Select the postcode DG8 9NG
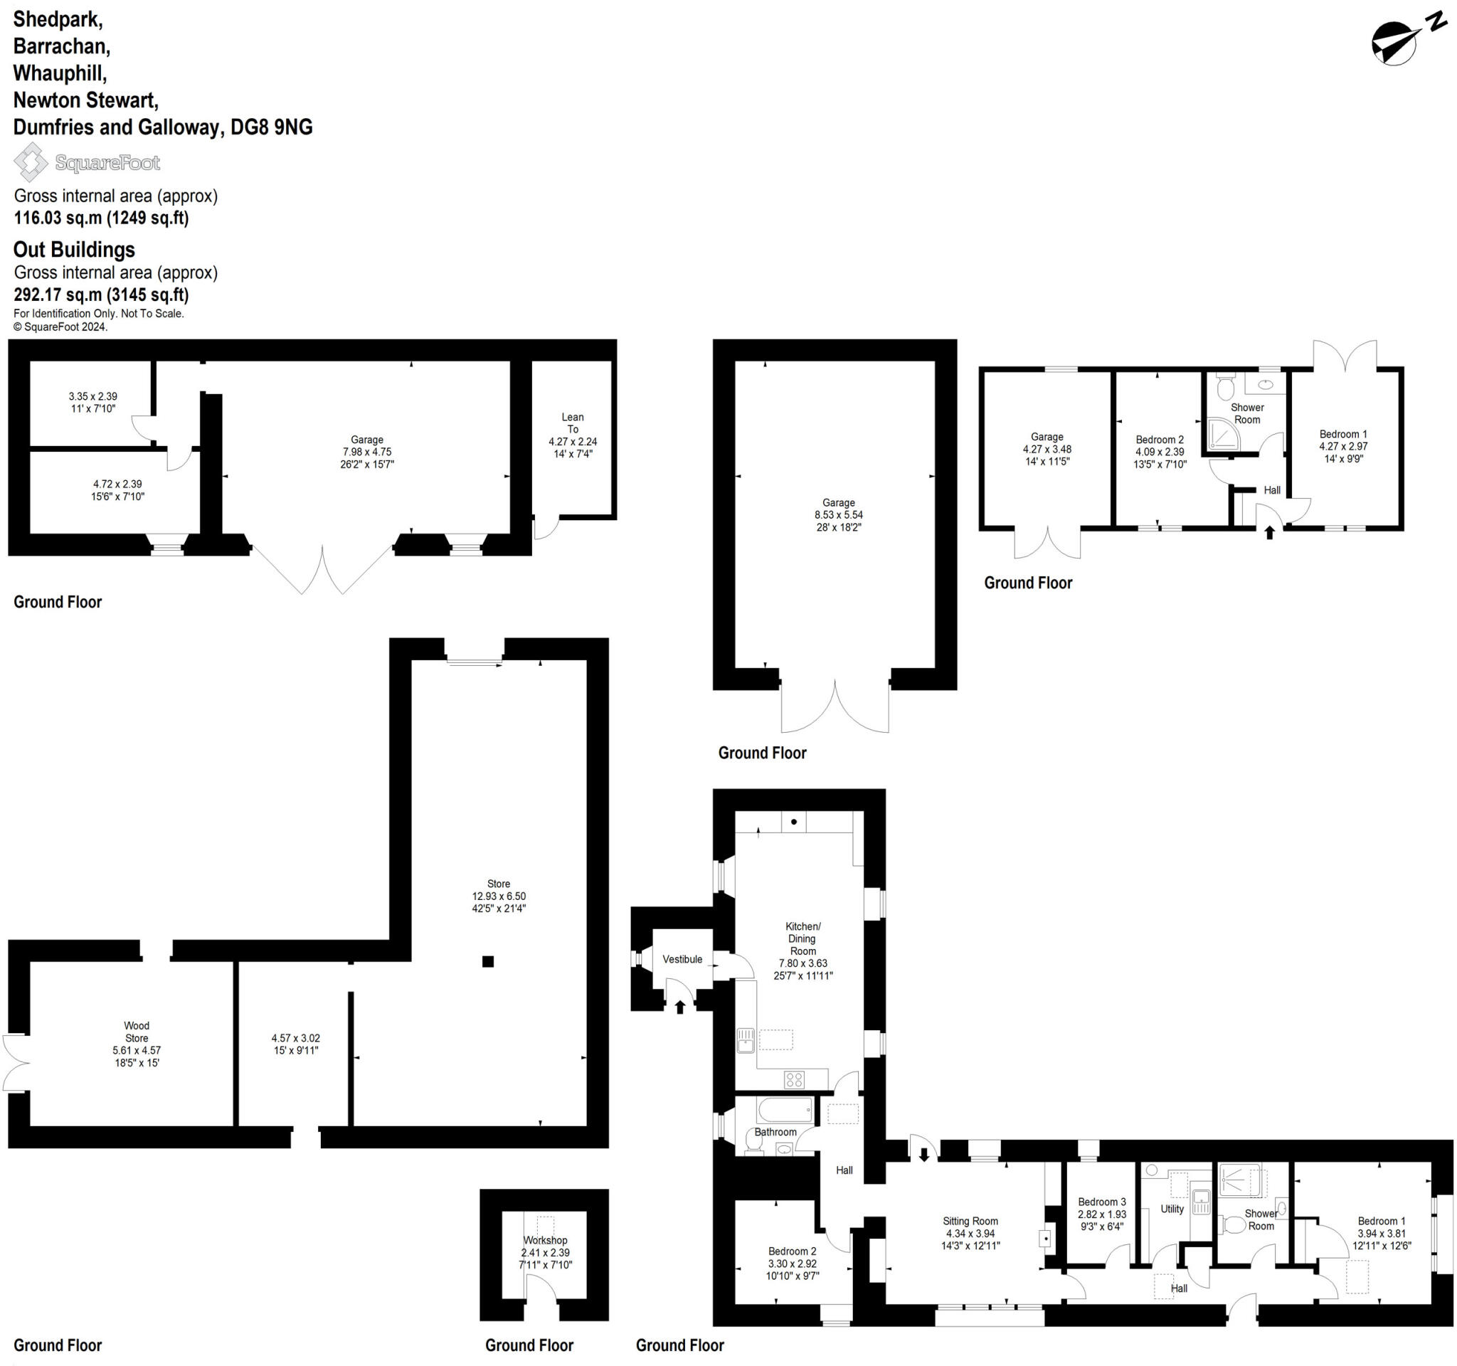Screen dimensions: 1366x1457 (271, 127)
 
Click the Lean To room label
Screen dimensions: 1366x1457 (573, 423)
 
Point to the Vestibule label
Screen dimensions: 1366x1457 (682, 959)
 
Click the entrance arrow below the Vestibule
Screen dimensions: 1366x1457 (679, 1007)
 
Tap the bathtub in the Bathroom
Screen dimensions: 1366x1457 (785, 1109)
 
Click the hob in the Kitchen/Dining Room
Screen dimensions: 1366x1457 (794, 1079)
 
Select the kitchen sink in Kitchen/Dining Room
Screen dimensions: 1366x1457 (746, 1039)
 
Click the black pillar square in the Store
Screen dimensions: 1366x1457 (488, 961)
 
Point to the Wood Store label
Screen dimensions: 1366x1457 (137, 1032)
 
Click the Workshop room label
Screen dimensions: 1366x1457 (544, 1240)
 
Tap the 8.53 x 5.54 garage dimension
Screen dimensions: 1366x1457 (839, 515)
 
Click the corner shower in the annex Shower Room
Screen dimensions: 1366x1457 (1222, 435)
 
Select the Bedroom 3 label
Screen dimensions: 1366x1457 (1101, 1202)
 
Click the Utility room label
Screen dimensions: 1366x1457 (1172, 1209)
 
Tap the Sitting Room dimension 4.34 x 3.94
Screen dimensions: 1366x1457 (970, 1234)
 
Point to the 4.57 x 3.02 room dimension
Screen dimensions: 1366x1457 (295, 1038)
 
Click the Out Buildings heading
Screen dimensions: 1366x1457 (74, 250)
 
